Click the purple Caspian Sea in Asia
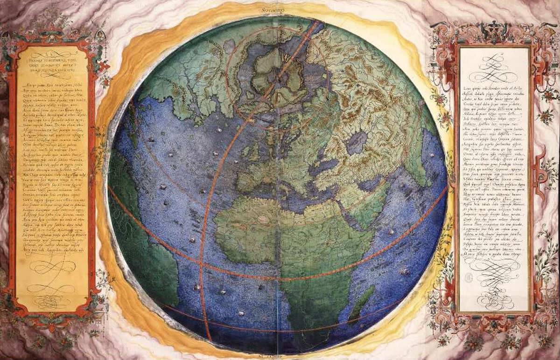pos(357,142)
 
